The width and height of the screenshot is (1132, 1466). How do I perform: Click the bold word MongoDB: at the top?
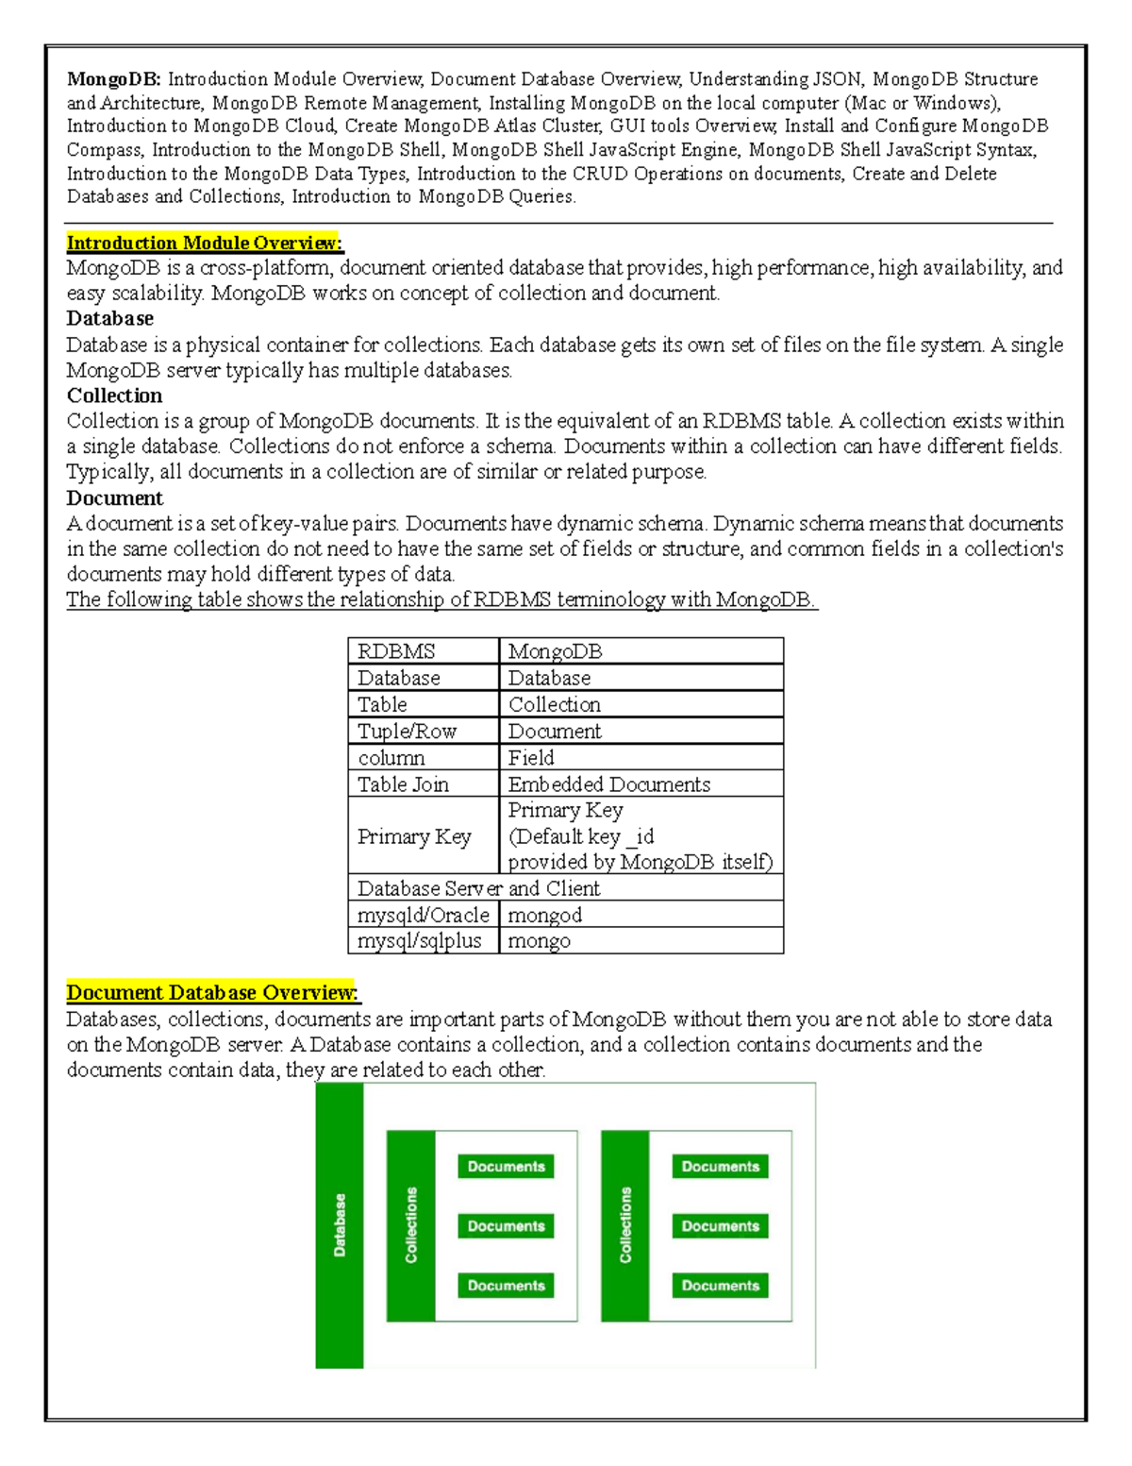click(x=113, y=79)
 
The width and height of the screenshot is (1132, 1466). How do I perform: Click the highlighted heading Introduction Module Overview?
click(x=204, y=243)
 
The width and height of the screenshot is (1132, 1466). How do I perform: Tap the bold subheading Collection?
click(x=114, y=396)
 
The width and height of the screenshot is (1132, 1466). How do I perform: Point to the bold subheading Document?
click(x=114, y=497)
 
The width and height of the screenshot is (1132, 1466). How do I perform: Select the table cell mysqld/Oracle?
click(x=423, y=915)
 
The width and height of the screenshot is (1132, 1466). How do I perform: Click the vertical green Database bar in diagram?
click(x=340, y=1224)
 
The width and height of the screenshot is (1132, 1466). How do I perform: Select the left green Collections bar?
click(x=411, y=1225)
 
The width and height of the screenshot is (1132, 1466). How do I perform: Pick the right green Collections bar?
click(x=625, y=1225)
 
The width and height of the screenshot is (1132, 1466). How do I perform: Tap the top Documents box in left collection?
click(x=506, y=1167)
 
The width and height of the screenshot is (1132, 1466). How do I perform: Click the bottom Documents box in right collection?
click(x=720, y=1286)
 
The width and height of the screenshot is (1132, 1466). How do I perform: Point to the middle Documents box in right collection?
click(x=720, y=1226)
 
